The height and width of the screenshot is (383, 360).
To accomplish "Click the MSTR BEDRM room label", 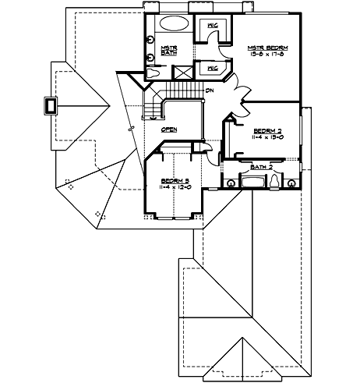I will click(261, 48).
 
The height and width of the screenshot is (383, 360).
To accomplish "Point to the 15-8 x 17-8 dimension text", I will click(261, 55).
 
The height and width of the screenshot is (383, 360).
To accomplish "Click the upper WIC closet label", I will click(211, 26).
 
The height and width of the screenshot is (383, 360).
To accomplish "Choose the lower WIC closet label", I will click(211, 68).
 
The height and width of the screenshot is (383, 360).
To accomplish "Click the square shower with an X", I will click(184, 73).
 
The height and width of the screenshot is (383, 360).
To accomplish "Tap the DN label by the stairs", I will click(210, 90).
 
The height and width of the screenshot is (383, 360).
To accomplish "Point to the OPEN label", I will click(168, 129).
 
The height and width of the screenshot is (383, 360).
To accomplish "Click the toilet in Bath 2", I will click(275, 183).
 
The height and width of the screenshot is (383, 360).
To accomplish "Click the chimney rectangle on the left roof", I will click(52, 105).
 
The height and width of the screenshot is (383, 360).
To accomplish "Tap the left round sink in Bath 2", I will click(230, 183).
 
